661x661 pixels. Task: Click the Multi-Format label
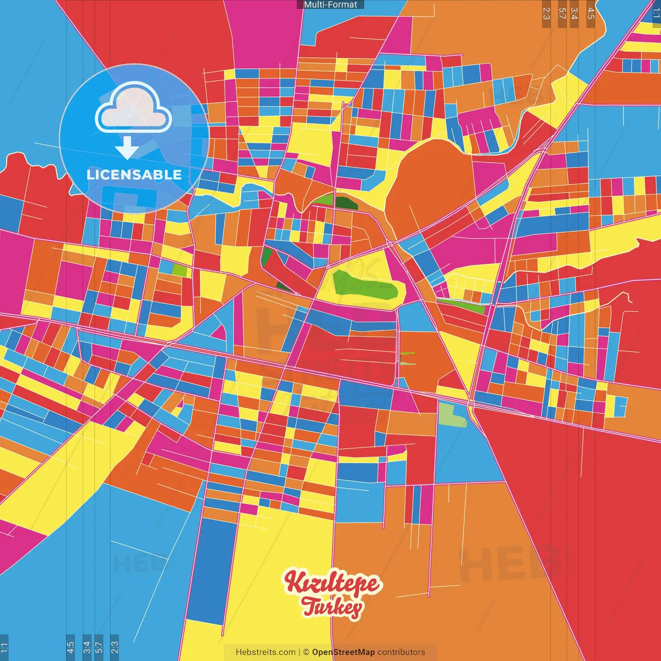330,5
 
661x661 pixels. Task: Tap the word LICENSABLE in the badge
134,175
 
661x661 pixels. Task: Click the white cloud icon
134,109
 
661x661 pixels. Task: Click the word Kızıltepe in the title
333,583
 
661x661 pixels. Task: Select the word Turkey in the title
332,607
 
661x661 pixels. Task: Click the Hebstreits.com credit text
265,652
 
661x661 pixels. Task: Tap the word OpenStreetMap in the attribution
343,652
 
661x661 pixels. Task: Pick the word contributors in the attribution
401,652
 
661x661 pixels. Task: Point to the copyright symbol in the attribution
306,652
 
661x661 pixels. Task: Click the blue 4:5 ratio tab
70,648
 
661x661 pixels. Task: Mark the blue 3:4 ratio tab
87,648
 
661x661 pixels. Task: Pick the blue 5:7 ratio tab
99,648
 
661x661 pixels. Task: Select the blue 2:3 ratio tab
115,648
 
